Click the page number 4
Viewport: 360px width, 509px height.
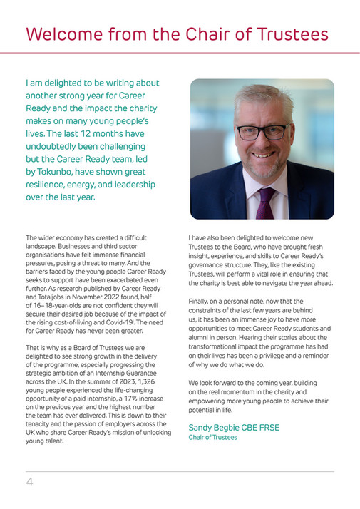30,482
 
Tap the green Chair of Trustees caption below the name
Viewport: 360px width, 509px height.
212,437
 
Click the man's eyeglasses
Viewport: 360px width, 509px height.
262,131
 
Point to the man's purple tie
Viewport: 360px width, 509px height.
265,203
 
